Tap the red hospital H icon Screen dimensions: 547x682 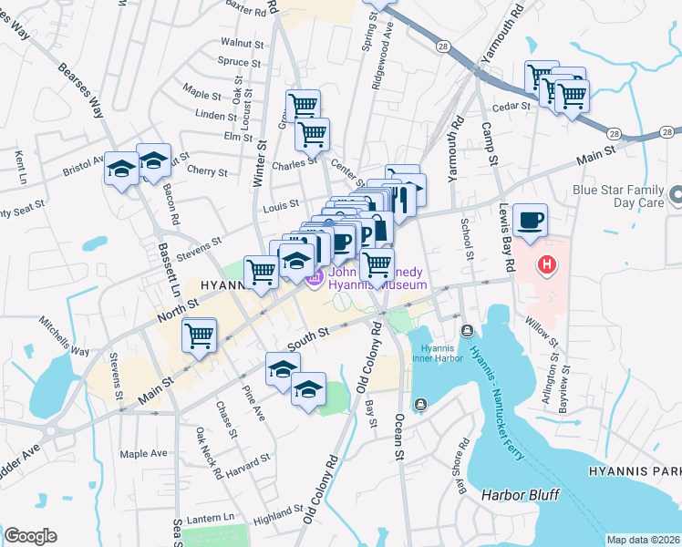pos(546,265)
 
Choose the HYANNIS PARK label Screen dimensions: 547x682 pos(641,470)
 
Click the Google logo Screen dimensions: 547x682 pos(31,536)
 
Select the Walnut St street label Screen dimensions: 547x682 pos(242,43)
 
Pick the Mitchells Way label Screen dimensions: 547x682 pos(64,336)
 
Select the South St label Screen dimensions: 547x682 pos(308,338)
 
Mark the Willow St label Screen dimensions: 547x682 pos(541,329)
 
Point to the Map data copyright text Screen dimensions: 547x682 pos(644,540)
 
